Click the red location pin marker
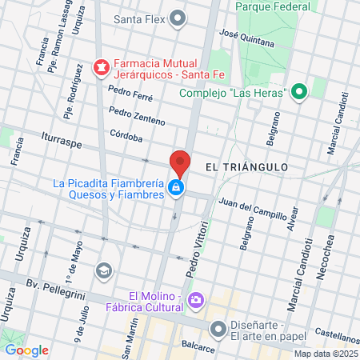[180, 163]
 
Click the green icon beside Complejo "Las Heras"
[299, 93]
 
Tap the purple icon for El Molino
[198, 300]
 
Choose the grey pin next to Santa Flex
[178, 18]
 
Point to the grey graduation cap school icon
[102, 270]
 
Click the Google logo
[26, 350]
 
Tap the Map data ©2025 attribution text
[324, 354]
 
